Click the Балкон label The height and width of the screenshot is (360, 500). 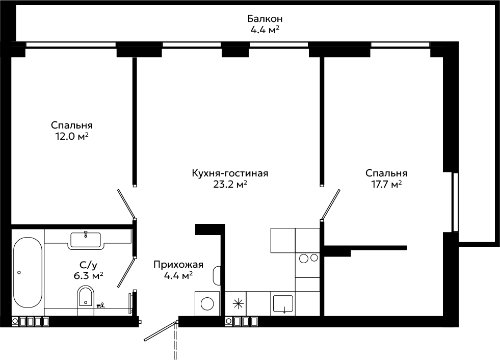tap(265, 19)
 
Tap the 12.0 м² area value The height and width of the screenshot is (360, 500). tap(72, 137)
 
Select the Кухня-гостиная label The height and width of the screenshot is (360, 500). tap(230, 173)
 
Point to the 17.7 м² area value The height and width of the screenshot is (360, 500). tap(386, 185)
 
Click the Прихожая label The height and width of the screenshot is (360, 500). tap(178, 265)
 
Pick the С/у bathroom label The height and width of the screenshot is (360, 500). tap(88, 265)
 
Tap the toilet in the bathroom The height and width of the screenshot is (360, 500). tap(86, 297)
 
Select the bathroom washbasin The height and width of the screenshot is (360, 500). tap(86, 240)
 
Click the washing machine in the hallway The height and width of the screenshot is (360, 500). tap(207, 303)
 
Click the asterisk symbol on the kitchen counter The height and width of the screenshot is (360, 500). tap(238, 304)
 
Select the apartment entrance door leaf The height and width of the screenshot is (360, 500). tap(160, 331)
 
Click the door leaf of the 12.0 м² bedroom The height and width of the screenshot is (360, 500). tap(126, 203)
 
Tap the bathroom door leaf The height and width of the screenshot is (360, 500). tap(126, 273)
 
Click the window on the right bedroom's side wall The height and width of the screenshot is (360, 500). tap(456, 202)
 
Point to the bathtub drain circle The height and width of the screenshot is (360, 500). tap(19, 272)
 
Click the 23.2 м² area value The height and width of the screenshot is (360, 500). tap(230, 185)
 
